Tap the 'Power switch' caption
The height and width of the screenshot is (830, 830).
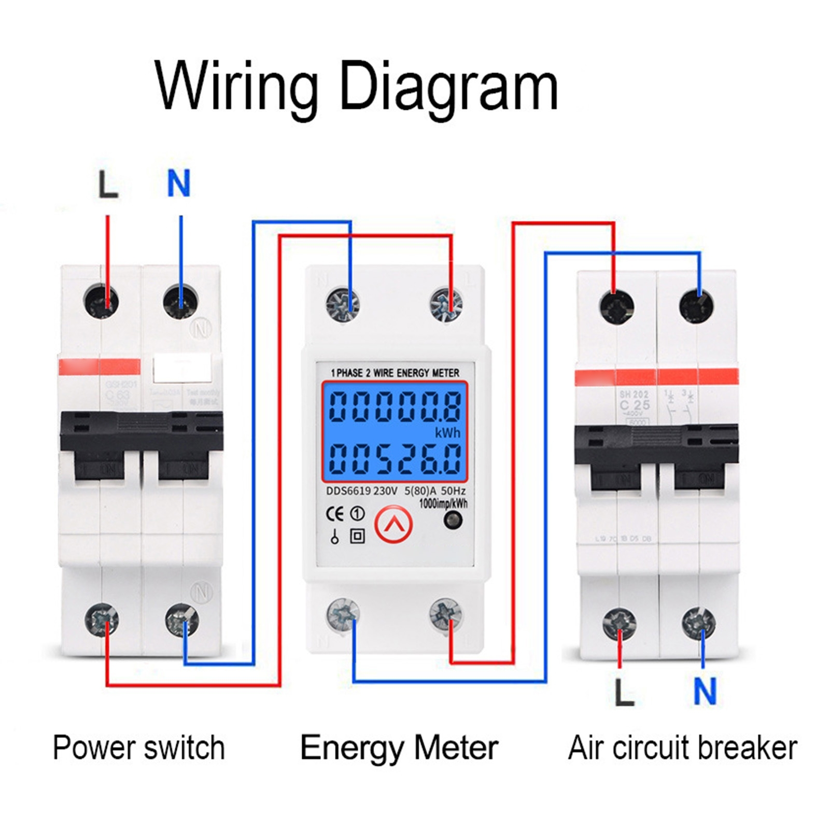(x=139, y=748)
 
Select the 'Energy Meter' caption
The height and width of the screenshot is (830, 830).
(x=399, y=748)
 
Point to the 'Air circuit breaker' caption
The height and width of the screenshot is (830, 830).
(x=682, y=748)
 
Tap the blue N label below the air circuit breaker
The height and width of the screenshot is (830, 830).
(x=705, y=691)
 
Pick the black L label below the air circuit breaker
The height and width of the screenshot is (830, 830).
(x=624, y=692)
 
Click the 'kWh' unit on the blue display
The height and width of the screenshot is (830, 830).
(x=447, y=432)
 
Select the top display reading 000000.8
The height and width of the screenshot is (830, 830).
(x=395, y=406)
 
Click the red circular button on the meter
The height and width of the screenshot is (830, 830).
(x=393, y=525)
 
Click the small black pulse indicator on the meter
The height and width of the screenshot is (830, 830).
(x=453, y=520)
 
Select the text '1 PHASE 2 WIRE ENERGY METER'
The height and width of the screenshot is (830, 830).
(x=395, y=373)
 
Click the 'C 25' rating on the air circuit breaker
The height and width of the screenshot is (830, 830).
(x=634, y=405)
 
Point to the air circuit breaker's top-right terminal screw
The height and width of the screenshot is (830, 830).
(x=696, y=306)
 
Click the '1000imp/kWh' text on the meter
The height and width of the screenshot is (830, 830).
(x=443, y=503)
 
